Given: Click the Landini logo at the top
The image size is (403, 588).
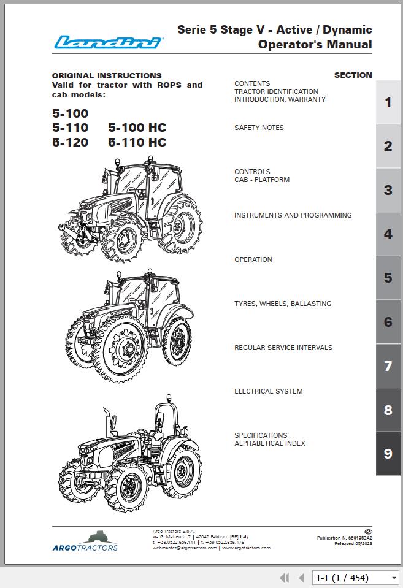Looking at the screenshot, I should (x=108, y=42).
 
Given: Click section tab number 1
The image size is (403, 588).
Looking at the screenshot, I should (x=388, y=102).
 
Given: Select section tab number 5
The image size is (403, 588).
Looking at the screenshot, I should (x=388, y=278).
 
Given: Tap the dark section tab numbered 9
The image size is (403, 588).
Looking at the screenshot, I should (x=388, y=454).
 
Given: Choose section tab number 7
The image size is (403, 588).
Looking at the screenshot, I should (x=388, y=366).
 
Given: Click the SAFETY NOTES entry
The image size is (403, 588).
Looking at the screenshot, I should (x=259, y=128).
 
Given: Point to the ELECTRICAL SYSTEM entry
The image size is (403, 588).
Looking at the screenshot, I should (x=268, y=391).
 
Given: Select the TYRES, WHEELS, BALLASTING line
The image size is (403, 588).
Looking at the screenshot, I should (x=282, y=304).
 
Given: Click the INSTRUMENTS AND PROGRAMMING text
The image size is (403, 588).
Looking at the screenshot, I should (x=293, y=215).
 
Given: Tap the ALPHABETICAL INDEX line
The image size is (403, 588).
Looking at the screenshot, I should (x=269, y=443).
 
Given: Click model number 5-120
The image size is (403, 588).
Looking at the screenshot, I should (x=70, y=142).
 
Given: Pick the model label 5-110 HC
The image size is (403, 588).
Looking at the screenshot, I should (x=137, y=142).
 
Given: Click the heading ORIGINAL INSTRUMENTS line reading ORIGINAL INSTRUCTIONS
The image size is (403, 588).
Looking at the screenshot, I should (x=107, y=76).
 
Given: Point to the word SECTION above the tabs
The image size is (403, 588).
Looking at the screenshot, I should (x=353, y=75).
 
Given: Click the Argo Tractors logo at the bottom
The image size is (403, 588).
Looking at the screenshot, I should (x=85, y=541).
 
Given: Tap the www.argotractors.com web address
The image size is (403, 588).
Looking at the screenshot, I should (x=246, y=548).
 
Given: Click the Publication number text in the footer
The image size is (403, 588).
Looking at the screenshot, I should (x=344, y=538).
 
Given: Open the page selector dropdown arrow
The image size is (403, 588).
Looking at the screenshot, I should (x=394, y=578).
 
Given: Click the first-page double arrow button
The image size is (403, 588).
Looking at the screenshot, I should (x=284, y=578).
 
